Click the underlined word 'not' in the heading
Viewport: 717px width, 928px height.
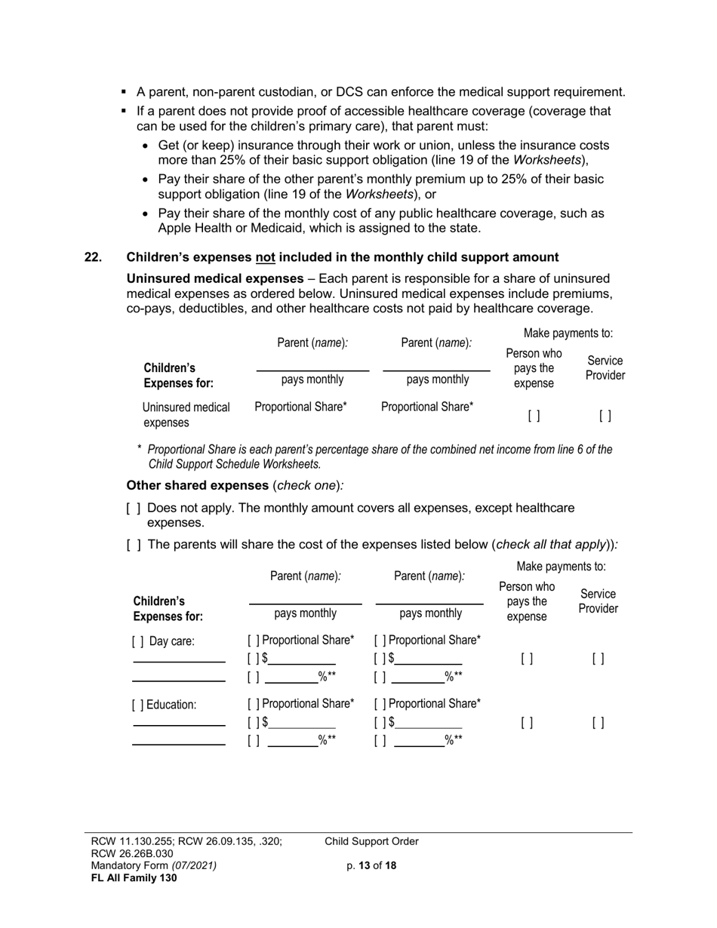pos(265,257)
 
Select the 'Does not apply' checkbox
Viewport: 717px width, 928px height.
pos(134,509)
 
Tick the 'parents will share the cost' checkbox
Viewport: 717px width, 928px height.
pos(134,545)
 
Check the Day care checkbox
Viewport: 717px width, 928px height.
pos(138,642)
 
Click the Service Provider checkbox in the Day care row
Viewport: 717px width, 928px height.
pos(598,659)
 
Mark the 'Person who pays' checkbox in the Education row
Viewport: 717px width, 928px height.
pos(527,723)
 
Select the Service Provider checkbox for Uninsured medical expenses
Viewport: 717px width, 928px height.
pos(605,416)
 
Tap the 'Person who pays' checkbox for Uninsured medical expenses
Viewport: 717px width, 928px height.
pos(534,416)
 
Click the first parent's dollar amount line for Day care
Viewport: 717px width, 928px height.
pos(302,659)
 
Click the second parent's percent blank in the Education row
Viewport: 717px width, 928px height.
pos(420,741)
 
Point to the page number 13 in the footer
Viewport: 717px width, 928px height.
pos(365,866)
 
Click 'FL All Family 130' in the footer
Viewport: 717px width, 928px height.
pos(134,877)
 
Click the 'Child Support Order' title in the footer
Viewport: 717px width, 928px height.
pos(371,842)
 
